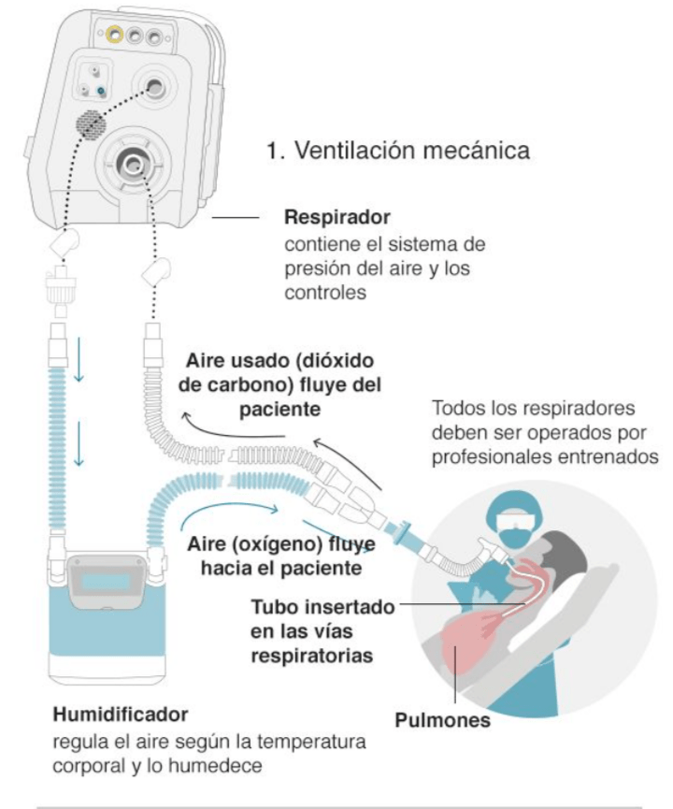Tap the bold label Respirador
point(337,219)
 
